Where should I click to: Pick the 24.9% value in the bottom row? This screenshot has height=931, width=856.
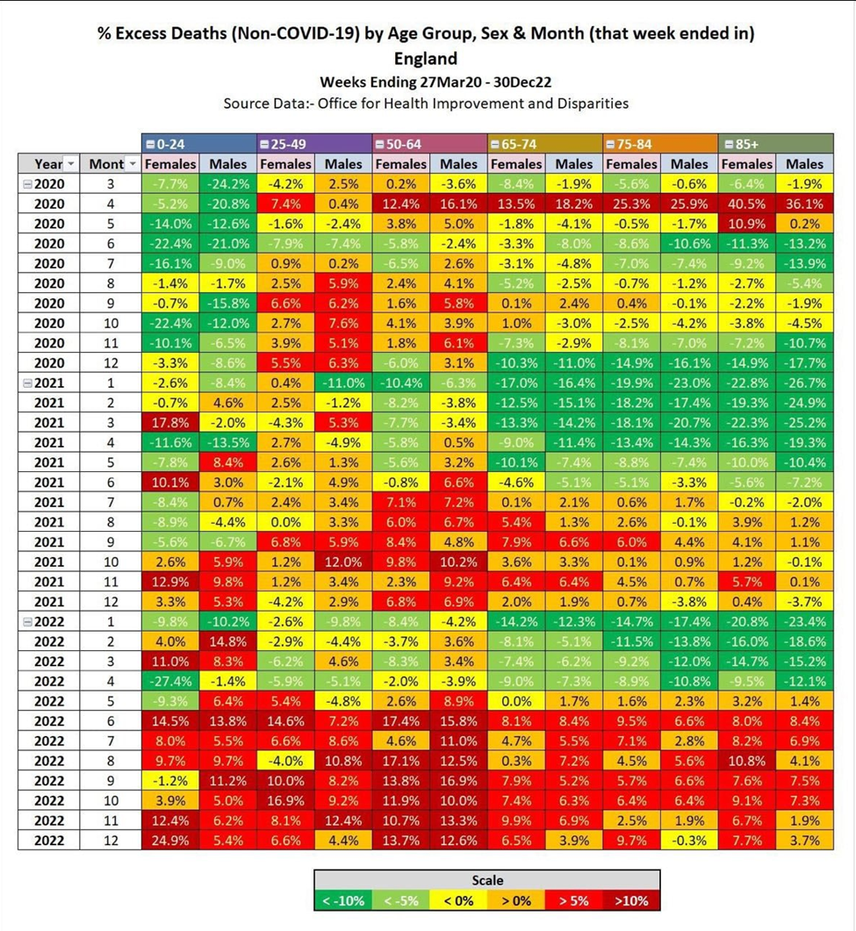pyautogui.click(x=170, y=841)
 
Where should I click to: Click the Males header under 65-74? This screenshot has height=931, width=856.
pyautogui.click(x=574, y=164)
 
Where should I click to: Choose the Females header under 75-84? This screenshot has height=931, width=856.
pyautogui.click(x=631, y=164)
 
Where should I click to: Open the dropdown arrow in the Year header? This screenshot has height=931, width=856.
pyautogui.click(x=71, y=164)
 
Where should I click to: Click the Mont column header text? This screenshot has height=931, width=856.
pyautogui.click(x=106, y=164)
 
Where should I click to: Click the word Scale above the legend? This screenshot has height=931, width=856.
pyautogui.click(x=486, y=879)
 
